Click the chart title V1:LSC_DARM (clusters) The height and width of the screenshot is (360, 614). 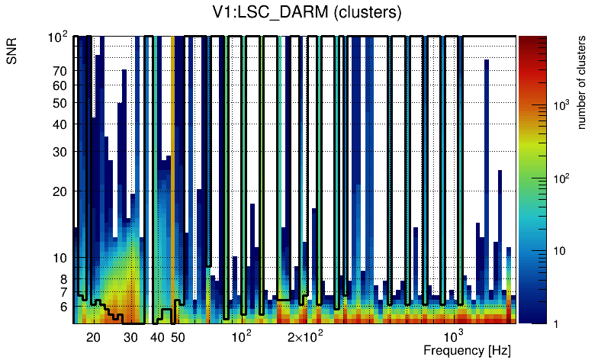(x=307, y=12)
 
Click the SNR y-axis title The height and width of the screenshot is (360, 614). (x=12, y=54)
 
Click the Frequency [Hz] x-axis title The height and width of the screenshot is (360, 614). (x=467, y=350)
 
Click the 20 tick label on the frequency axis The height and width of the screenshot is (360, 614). (x=93, y=337)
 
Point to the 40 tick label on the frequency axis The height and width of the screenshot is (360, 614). (x=157, y=337)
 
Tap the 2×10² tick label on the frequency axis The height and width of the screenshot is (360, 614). (x=305, y=336)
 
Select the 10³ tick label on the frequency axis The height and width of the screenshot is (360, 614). (x=454, y=336)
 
